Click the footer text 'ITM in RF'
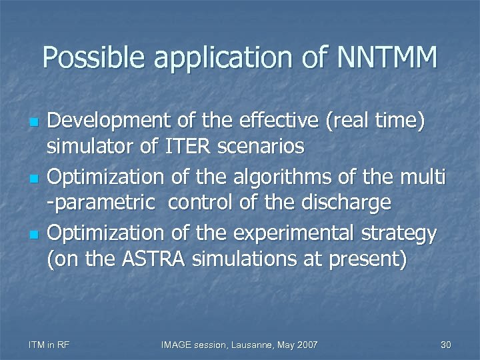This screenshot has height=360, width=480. tap(49, 344)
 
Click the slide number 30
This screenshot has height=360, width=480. tap(446, 344)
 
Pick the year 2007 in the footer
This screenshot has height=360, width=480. tap(306, 344)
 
